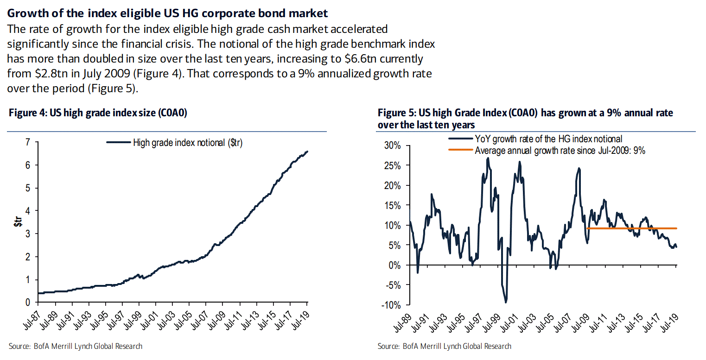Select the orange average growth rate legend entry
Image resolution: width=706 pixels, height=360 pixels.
point(560,150)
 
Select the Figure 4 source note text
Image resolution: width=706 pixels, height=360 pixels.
point(76,346)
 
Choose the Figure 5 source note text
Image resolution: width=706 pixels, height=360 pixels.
point(445,346)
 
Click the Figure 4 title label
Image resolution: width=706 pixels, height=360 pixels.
point(97,114)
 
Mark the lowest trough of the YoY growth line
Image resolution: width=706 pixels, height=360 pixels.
point(506,302)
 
